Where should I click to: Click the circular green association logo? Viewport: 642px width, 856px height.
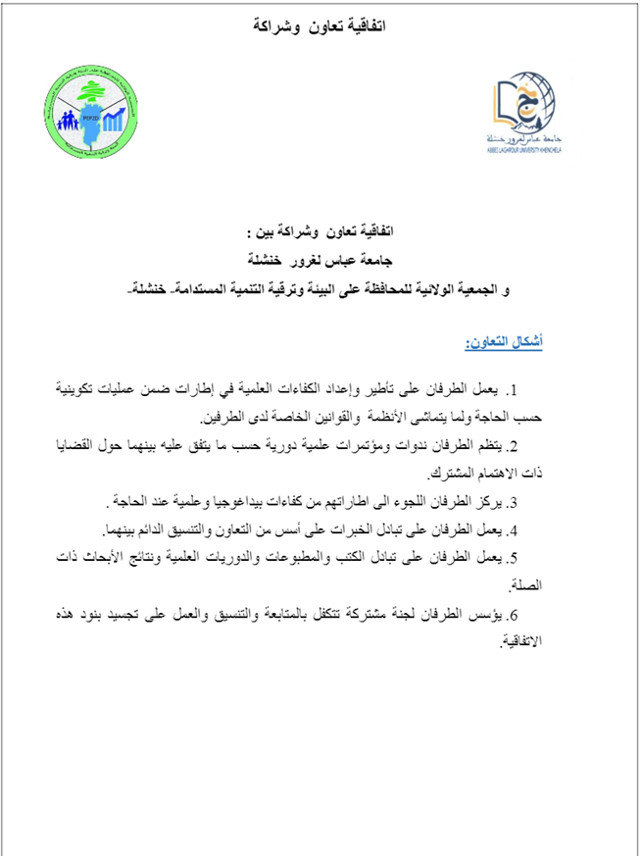click(x=94, y=113)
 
